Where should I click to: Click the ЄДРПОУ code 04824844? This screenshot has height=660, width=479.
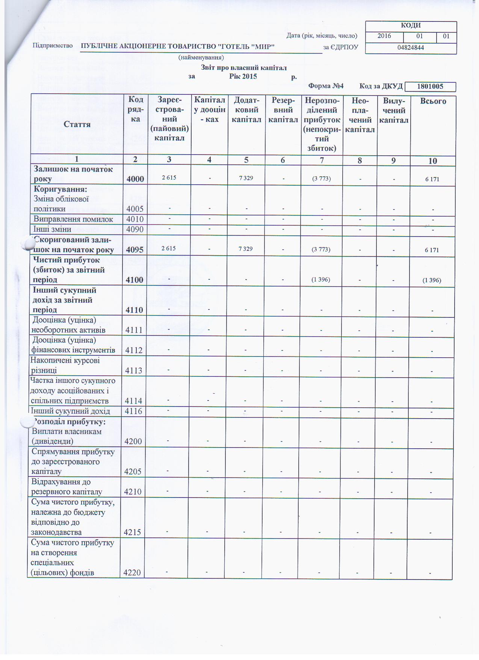tap(411, 48)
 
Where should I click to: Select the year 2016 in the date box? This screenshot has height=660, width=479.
tap(384, 36)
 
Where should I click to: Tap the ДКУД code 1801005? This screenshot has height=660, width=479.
tap(430, 86)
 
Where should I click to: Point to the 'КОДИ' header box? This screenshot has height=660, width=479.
tap(411, 26)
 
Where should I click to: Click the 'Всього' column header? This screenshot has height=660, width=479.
tap(433, 101)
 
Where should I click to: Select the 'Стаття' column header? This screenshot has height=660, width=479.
tap(77, 124)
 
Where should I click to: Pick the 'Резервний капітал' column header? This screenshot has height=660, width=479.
tap(283, 110)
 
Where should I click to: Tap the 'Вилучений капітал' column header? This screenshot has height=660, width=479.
tap(393, 111)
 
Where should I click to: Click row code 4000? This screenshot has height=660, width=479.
tap(135, 179)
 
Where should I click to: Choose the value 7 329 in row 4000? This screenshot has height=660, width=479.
tap(246, 178)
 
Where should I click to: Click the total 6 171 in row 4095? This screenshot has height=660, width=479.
tap(432, 250)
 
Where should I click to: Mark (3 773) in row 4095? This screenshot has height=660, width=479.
tap(321, 249)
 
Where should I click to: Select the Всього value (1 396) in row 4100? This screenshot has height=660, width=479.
tap(432, 280)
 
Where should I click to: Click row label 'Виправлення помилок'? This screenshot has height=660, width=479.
tap(73, 219)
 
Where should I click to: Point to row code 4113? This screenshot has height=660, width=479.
tap(134, 371)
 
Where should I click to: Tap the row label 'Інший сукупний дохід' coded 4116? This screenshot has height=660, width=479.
tap(70, 411)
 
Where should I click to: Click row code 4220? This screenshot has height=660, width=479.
tap(133, 573)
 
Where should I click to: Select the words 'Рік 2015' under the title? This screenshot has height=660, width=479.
tap(243, 76)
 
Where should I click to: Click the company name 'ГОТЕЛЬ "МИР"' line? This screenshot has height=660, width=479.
tap(178, 46)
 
